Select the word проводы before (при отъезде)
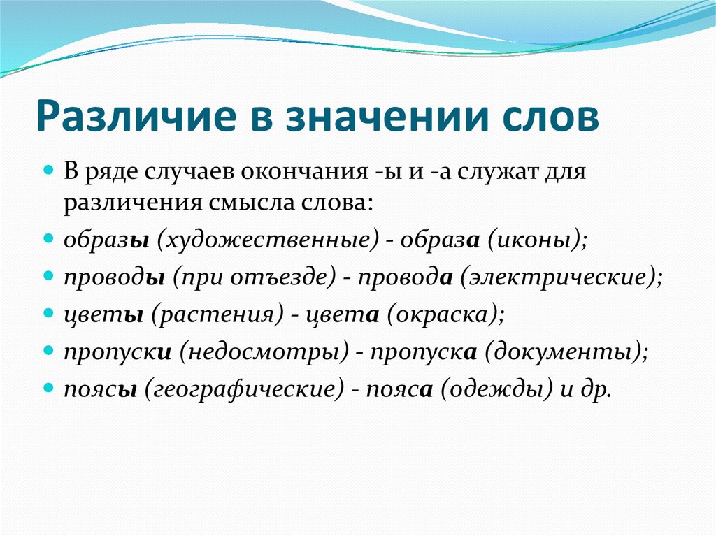(x=114, y=277)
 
